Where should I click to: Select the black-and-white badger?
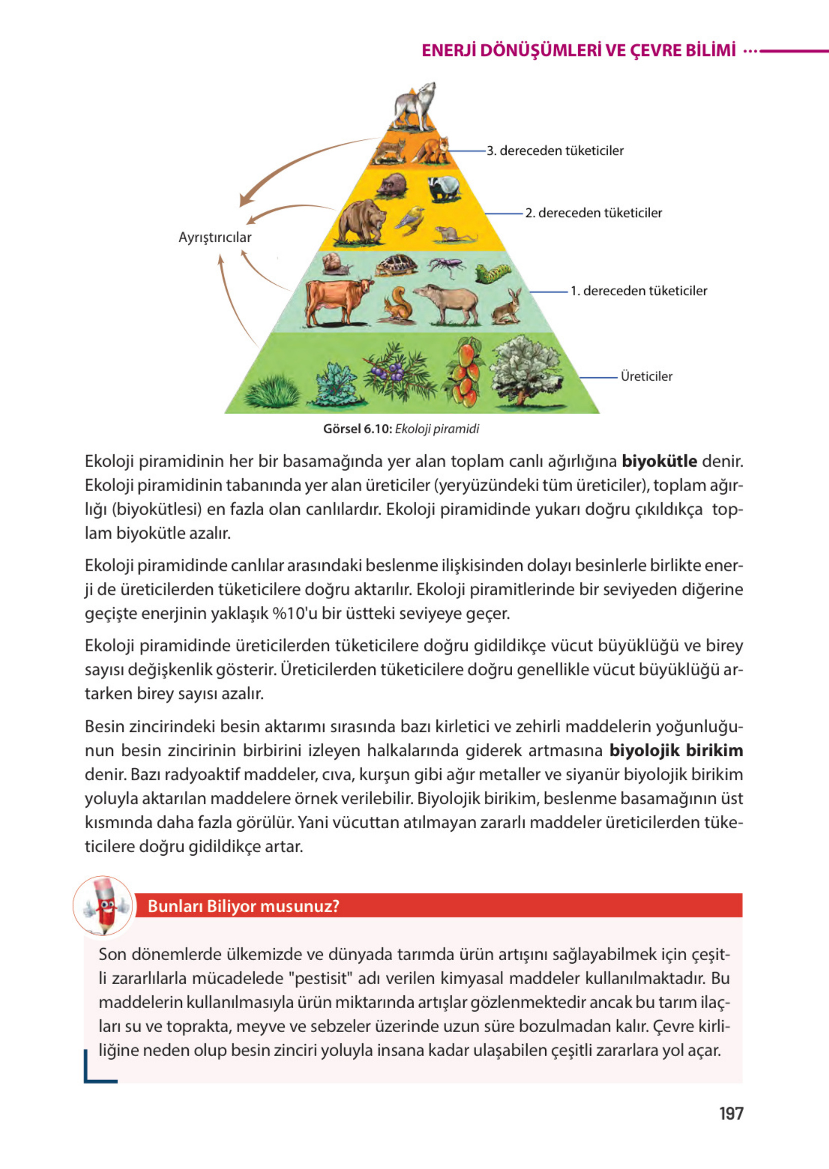coord(443,189)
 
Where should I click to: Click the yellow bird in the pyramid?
coord(411,219)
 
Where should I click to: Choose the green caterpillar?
coord(492,273)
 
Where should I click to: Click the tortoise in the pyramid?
coord(396,265)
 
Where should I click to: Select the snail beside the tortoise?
coord(335,264)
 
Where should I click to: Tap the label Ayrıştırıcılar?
coord(215,237)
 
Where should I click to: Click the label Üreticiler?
coord(646,377)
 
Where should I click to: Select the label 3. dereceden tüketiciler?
coord(555,151)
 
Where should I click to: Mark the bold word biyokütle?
coord(659,461)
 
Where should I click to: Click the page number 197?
coord(731,1114)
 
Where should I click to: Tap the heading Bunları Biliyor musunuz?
coord(243,906)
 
